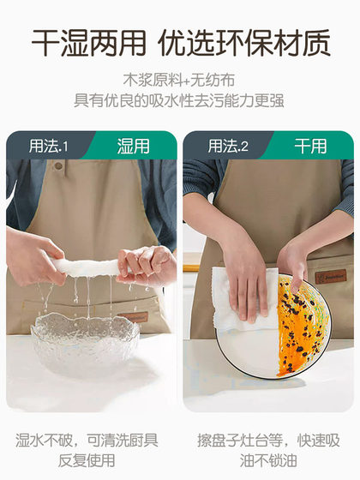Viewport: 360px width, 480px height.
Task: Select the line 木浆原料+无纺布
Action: click(x=180, y=80)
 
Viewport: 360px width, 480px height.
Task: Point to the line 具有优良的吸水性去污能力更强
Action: click(x=180, y=100)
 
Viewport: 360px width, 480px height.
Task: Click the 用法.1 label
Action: click(x=48, y=146)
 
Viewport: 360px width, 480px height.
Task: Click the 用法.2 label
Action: click(x=227, y=146)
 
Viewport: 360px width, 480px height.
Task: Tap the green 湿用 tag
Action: click(x=133, y=146)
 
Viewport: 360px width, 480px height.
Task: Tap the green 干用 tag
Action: click(x=310, y=146)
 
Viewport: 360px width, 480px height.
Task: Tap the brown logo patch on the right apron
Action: click(x=331, y=277)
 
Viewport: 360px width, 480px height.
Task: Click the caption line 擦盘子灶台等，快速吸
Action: click(x=269, y=441)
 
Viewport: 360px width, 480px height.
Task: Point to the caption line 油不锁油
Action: click(x=269, y=461)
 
